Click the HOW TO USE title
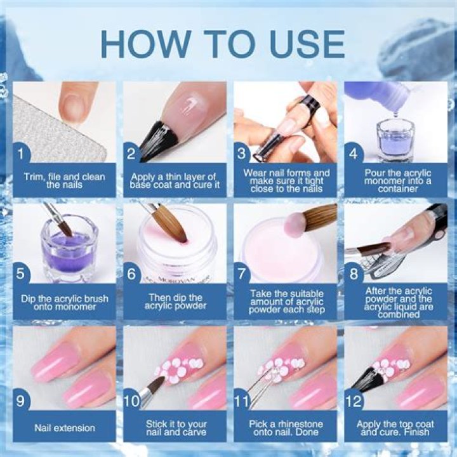(222, 43)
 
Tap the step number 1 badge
(23, 154)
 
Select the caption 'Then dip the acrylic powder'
(174, 301)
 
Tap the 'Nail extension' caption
(64, 427)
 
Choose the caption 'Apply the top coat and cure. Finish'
(395, 427)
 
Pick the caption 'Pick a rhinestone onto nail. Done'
(284, 427)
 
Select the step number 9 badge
(23, 400)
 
